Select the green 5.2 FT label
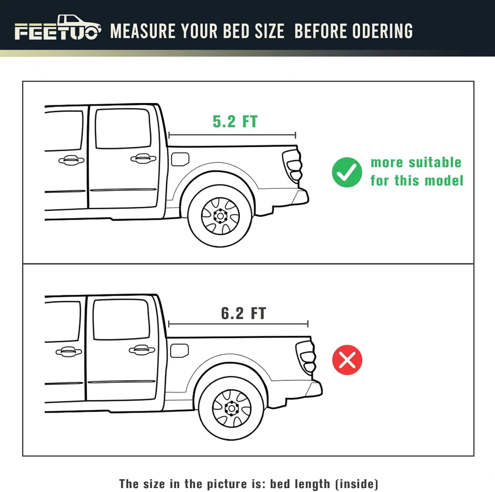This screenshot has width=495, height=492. [x=235, y=122]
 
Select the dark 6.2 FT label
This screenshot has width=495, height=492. [x=243, y=313]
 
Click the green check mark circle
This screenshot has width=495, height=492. [x=347, y=172]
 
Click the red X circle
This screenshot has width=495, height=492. [x=347, y=360]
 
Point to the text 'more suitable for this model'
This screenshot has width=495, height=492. [x=416, y=172]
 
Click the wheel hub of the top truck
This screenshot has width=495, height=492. [x=220, y=216]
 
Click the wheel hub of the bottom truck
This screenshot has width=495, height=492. [x=231, y=408]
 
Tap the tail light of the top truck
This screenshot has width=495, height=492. [x=293, y=166]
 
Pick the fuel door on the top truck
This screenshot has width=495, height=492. [x=180, y=159]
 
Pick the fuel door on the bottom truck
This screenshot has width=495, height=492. [x=179, y=351]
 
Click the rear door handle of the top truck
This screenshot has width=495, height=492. [x=143, y=159]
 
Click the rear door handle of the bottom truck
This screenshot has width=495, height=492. [x=142, y=350]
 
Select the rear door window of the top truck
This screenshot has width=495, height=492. [x=123, y=129]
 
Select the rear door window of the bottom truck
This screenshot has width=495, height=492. [x=121, y=320]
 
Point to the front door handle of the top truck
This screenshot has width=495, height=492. [x=71, y=161]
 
